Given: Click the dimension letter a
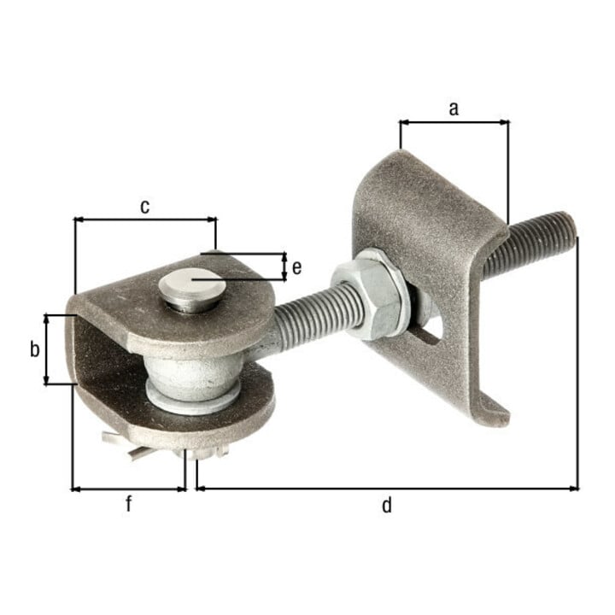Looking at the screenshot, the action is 454,108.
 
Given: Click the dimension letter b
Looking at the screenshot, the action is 35,348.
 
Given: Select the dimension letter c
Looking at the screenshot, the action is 144,207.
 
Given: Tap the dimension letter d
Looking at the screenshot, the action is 387,505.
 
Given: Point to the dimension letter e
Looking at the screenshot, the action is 297,267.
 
